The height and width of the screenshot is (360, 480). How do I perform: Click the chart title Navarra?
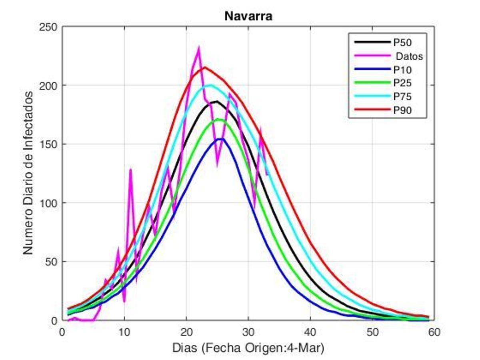click(x=248, y=16)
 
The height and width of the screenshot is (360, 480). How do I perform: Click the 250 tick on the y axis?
click(x=50, y=27)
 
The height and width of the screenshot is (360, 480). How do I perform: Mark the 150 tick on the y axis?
click(x=50, y=144)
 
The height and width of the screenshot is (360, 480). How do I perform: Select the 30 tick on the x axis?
click(x=248, y=332)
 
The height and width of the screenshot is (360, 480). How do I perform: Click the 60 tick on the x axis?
click(x=434, y=332)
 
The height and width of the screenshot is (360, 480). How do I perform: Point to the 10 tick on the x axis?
click(x=124, y=332)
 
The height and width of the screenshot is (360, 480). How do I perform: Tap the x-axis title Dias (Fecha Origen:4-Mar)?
click(x=248, y=348)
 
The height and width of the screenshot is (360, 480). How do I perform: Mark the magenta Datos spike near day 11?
click(x=130, y=170)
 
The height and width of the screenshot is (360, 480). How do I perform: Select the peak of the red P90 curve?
click(x=204, y=67)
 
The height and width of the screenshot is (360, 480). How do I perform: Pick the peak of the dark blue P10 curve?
click(x=220, y=139)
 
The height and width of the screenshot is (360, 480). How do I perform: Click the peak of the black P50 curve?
click(x=216, y=102)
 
